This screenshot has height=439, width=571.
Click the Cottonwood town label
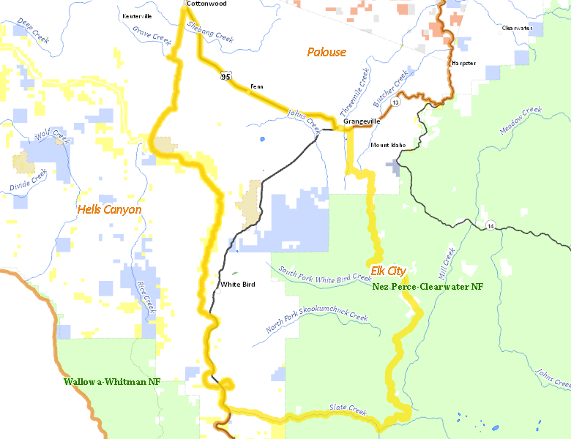[x=207, y=4]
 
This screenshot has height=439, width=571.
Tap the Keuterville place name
[x=137, y=15]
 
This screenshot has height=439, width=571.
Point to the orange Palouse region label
[x=326, y=52]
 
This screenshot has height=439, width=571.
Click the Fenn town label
[x=257, y=86]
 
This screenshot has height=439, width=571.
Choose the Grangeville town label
[x=362, y=121]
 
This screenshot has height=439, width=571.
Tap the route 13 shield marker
[x=395, y=103]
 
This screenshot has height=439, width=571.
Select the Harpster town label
[x=464, y=64]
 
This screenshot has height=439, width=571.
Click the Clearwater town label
[x=517, y=28]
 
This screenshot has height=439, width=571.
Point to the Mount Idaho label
[x=388, y=145]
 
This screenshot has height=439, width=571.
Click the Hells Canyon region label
[x=109, y=210]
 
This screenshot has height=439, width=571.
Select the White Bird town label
[x=238, y=285]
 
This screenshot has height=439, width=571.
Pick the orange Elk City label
[x=388, y=271]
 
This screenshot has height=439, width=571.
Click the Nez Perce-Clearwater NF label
[x=428, y=287]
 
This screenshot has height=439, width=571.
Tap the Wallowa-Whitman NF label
[x=111, y=382]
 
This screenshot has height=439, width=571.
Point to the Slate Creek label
[x=347, y=408]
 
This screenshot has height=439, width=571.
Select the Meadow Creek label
[x=520, y=120]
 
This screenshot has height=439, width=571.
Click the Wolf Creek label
[x=50, y=137]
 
